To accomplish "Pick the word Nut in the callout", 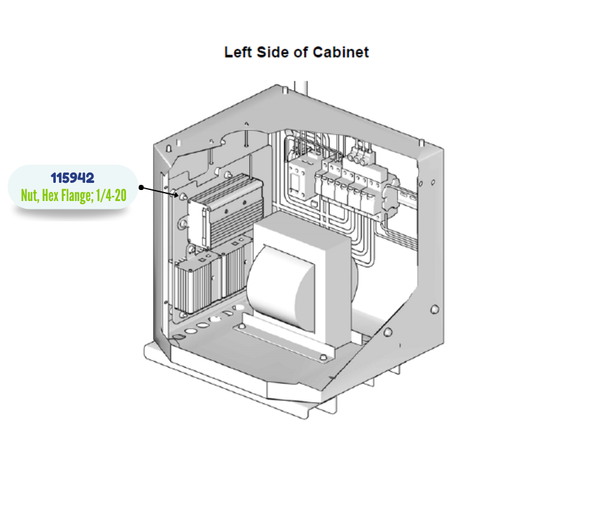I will tap(30, 195).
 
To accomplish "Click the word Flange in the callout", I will tap(79, 195).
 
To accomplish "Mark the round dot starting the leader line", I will tap(140, 187).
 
